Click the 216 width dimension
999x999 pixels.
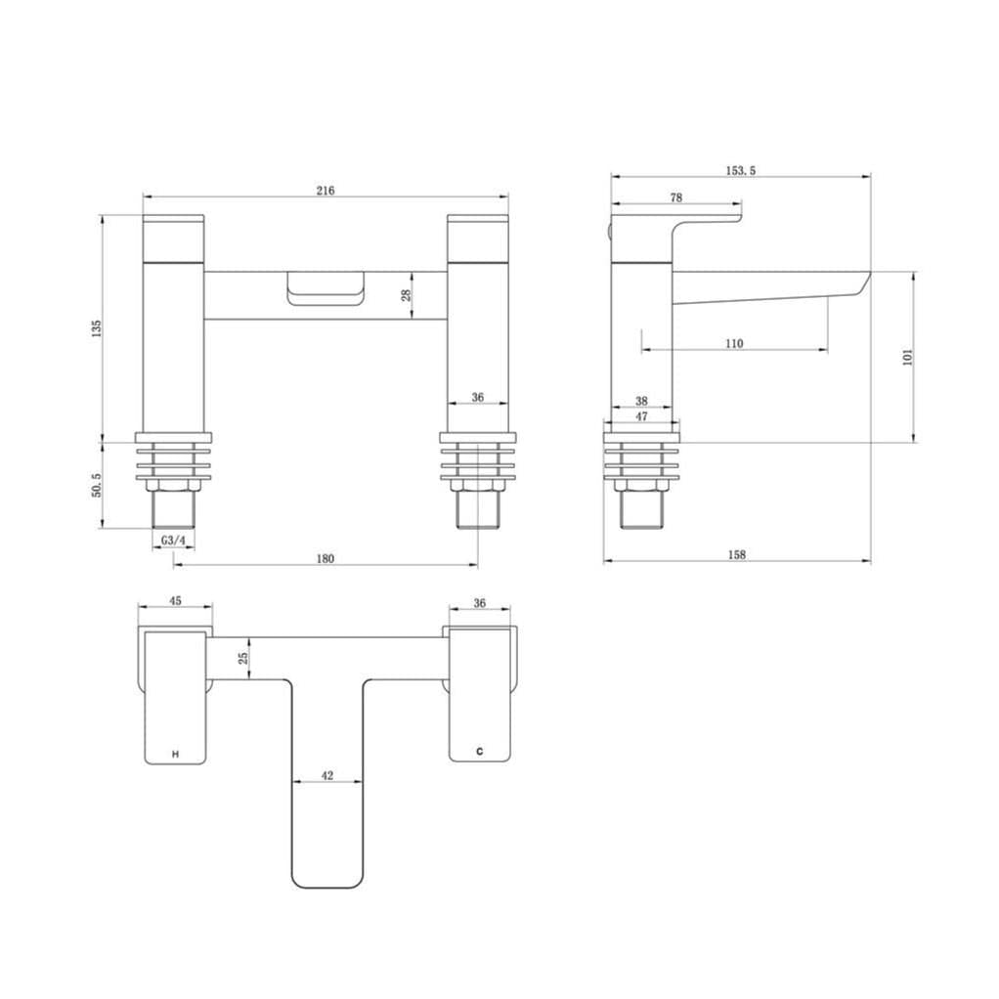click(x=326, y=191)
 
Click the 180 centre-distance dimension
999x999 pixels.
click(x=326, y=558)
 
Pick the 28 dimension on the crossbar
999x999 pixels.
click(x=407, y=294)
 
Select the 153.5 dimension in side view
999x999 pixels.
click(x=740, y=170)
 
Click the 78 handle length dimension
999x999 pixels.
click(x=676, y=197)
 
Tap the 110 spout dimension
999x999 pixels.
click(x=735, y=343)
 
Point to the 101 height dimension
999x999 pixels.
click(x=907, y=357)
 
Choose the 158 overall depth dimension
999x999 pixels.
click(x=737, y=554)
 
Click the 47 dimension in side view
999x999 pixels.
click(x=641, y=416)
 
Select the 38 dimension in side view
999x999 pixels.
click(x=641, y=401)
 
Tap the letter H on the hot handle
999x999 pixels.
click(x=175, y=754)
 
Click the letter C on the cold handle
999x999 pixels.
click(x=479, y=752)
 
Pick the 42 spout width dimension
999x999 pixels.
click(x=327, y=775)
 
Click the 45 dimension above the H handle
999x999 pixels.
click(x=175, y=602)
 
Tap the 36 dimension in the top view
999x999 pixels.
click(x=479, y=603)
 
